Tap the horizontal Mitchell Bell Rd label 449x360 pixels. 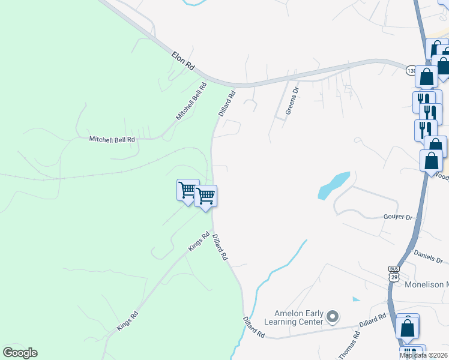point(112,139)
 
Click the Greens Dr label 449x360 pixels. point(292,101)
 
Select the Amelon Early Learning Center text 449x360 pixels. point(298,317)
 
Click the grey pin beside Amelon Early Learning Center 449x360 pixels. point(334,316)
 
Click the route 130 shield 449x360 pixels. point(411,71)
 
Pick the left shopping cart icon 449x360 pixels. point(188,190)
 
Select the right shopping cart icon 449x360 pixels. point(205,196)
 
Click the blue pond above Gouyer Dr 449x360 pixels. point(334,185)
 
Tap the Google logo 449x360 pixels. point(20,353)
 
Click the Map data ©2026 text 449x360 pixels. point(424,355)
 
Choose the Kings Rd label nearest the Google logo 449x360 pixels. point(127,322)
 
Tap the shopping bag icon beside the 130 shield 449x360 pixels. point(426,77)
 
